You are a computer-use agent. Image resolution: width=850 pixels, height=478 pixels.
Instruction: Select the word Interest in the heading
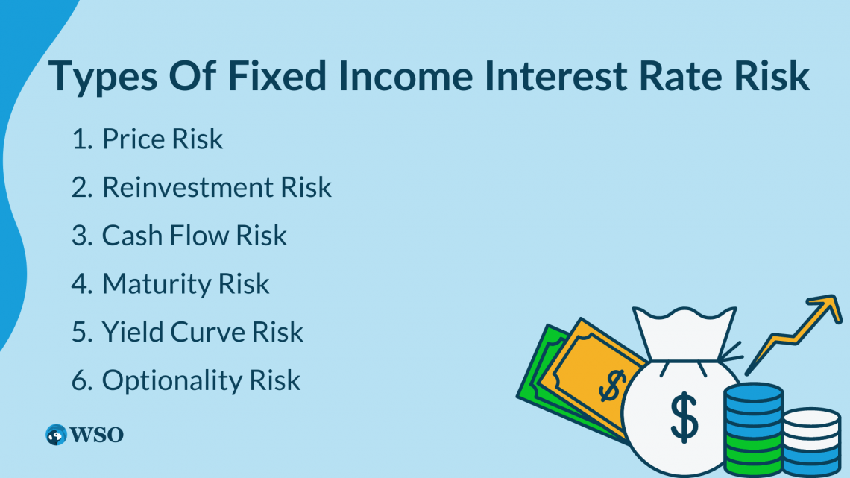pyautogui.click(x=551, y=78)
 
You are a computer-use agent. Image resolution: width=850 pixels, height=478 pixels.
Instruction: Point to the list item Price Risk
pyautogui.click(x=162, y=139)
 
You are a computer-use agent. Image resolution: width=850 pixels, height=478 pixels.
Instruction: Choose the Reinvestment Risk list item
pyautogui.click(x=216, y=188)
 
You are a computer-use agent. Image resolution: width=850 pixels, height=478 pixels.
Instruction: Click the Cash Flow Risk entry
pyautogui.click(x=194, y=236)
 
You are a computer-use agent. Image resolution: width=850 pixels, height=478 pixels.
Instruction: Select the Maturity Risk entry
pyautogui.click(x=185, y=284)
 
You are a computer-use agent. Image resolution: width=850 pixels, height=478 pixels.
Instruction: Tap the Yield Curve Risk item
pyautogui.click(x=202, y=332)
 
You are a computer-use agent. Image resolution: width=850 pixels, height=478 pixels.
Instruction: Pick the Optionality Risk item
pyautogui.click(x=201, y=380)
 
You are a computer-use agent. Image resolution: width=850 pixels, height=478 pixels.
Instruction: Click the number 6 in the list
pyautogui.click(x=80, y=380)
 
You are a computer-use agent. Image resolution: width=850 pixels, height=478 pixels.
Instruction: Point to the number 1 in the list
pyautogui.click(x=80, y=139)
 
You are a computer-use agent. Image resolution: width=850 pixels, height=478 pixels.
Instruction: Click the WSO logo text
pyautogui.click(x=97, y=434)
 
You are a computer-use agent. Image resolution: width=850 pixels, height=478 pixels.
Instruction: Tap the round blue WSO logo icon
pyautogui.click(x=56, y=434)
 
